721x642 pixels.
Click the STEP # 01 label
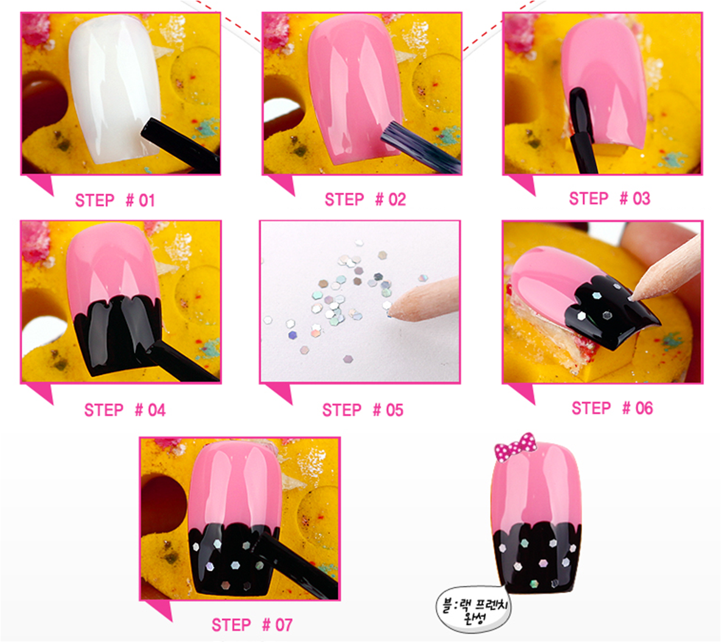point(115,200)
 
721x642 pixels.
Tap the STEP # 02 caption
point(365,199)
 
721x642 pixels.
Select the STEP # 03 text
point(610,198)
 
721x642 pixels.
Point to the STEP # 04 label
point(125,410)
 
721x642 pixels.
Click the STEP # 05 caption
point(363,410)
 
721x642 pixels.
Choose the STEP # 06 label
point(612,408)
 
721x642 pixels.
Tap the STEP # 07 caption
point(252,624)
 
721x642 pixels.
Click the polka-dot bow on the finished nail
point(515,446)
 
